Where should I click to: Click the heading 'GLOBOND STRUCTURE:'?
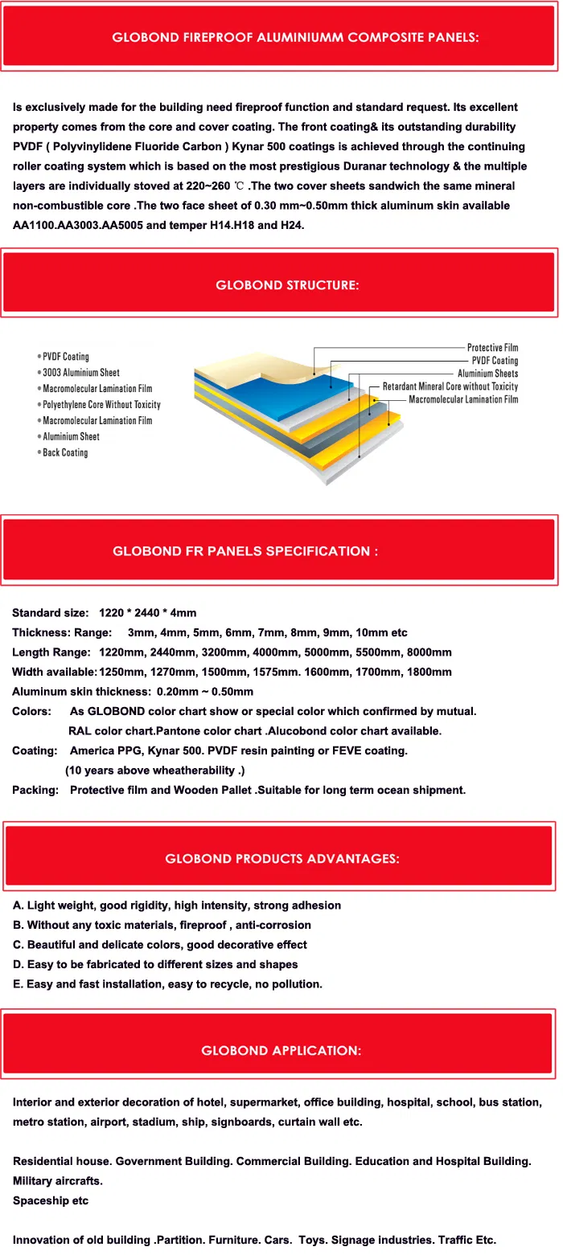point(287,285)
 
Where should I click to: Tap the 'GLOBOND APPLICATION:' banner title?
point(281,1050)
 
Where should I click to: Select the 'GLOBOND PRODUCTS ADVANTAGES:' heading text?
point(281,858)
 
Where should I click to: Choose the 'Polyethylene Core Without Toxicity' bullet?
point(101,405)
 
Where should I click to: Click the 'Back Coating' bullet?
point(65,453)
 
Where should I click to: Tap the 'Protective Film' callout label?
point(492,348)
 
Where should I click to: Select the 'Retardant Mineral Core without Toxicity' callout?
point(450,386)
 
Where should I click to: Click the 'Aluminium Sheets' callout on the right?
point(487,374)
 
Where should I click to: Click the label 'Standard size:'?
point(50,613)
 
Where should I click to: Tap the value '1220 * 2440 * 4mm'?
point(147,613)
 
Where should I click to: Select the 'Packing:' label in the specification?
point(35,790)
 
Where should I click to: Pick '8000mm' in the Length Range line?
point(429,652)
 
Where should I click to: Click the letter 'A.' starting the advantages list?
point(18,905)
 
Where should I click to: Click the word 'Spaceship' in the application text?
point(39,1200)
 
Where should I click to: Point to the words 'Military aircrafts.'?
point(58,1181)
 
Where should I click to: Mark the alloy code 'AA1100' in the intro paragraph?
point(32,225)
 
